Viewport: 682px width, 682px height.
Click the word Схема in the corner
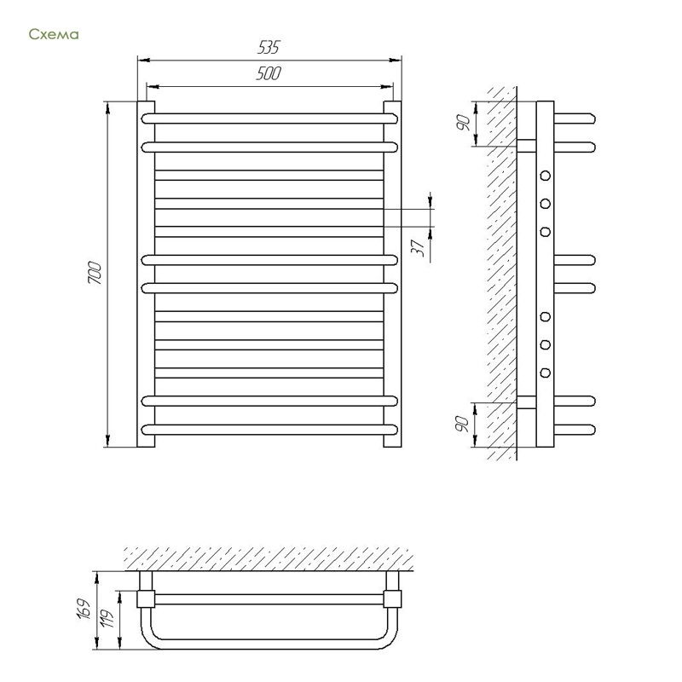point(54,34)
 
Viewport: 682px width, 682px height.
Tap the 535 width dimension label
point(269,47)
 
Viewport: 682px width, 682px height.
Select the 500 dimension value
point(269,73)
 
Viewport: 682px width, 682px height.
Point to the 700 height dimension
point(95,273)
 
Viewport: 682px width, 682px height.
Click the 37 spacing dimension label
point(418,248)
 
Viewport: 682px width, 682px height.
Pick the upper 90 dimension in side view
point(464,123)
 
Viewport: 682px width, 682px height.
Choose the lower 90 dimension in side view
point(462,424)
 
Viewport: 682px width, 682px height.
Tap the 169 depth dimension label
point(84,610)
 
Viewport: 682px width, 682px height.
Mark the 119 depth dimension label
point(107,616)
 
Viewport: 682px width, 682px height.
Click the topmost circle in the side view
point(545,176)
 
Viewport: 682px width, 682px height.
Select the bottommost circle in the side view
point(545,373)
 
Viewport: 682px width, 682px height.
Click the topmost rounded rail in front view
point(269,118)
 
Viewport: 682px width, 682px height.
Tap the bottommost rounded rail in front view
point(269,430)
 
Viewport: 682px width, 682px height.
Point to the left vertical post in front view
point(146,274)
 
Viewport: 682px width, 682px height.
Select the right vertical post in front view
point(392,274)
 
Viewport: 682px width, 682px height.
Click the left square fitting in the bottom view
point(146,599)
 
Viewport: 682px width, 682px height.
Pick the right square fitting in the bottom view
point(392,599)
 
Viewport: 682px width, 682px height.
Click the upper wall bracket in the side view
point(527,146)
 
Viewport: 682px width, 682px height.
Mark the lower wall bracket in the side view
point(527,402)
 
